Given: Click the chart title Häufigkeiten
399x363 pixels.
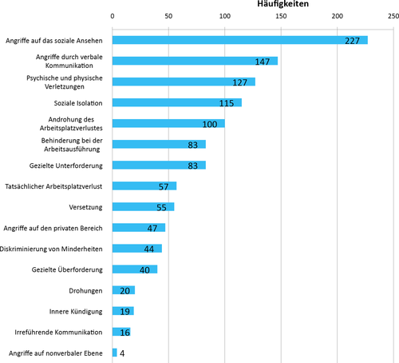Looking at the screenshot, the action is pyautogui.click(x=282, y=4).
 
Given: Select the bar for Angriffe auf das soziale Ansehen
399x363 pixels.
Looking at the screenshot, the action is pyautogui.click(x=240, y=40).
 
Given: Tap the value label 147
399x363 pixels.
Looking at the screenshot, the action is pyautogui.click(x=263, y=62).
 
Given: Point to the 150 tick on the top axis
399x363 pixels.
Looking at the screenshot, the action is pyautogui.click(x=281, y=16).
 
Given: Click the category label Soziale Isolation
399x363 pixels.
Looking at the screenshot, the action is pyautogui.click(x=78, y=103).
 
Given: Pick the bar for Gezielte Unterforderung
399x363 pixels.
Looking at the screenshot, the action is pyautogui.click(x=159, y=165).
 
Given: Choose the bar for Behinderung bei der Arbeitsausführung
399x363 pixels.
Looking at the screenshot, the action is pyautogui.click(x=159, y=144).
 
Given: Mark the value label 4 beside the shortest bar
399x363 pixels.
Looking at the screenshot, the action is pyautogui.click(x=122, y=353).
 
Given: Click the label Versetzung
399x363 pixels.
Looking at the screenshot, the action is pyautogui.click(x=85, y=207).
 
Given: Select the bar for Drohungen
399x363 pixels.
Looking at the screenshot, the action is pyautogui.click(x=124, y=290).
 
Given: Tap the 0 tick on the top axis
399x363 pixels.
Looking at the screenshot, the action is pyautogui.click(x=113, y=16).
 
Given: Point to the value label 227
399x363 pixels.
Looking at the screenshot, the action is pyautogui.click(x=352, y=41).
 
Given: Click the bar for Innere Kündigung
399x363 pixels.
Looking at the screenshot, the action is pyautogui.click(x=123, y=311).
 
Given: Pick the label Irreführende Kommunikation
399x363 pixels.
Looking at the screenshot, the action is pyautogui.click(x=58, y=333).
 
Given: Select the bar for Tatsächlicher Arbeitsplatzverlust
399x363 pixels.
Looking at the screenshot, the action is pyautogui.click(x=144, y=185).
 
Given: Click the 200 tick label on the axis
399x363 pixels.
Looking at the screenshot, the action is pyautogui.click(x=338, y=16).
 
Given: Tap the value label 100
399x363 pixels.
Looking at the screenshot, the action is pyautogui.click(x=210, y=125).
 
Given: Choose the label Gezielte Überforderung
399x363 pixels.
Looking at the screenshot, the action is pyautogui.click(x=67, y=269).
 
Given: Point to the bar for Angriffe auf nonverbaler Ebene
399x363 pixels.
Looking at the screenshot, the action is pyautogui.click(x=115, y=353).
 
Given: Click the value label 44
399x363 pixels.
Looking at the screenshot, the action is pyautogui.click(x=149, y=249).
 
